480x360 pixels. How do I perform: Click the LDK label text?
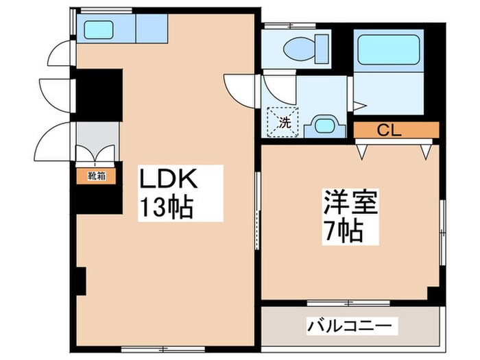170,180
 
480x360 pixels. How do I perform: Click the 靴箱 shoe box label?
96,176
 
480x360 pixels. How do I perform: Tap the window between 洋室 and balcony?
349,302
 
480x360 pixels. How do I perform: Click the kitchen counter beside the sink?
151,29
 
